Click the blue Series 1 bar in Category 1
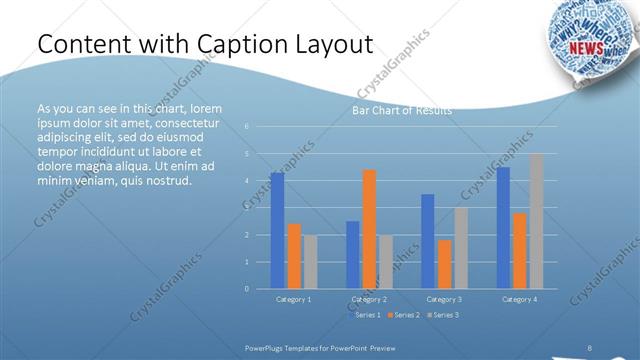coord(277,230)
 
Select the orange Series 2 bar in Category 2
coord(369,229)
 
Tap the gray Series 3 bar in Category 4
coord(537,221)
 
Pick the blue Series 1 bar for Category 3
coord(428,241)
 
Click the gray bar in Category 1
coord(310,262)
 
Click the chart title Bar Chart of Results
coord(401,110)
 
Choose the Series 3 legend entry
coord(444,315)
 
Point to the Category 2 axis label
coord(369,299)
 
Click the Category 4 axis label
coord(519,299)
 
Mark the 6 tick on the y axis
coord(246,126)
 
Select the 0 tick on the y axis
coord(246,288)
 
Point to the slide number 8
coord(591,341)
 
